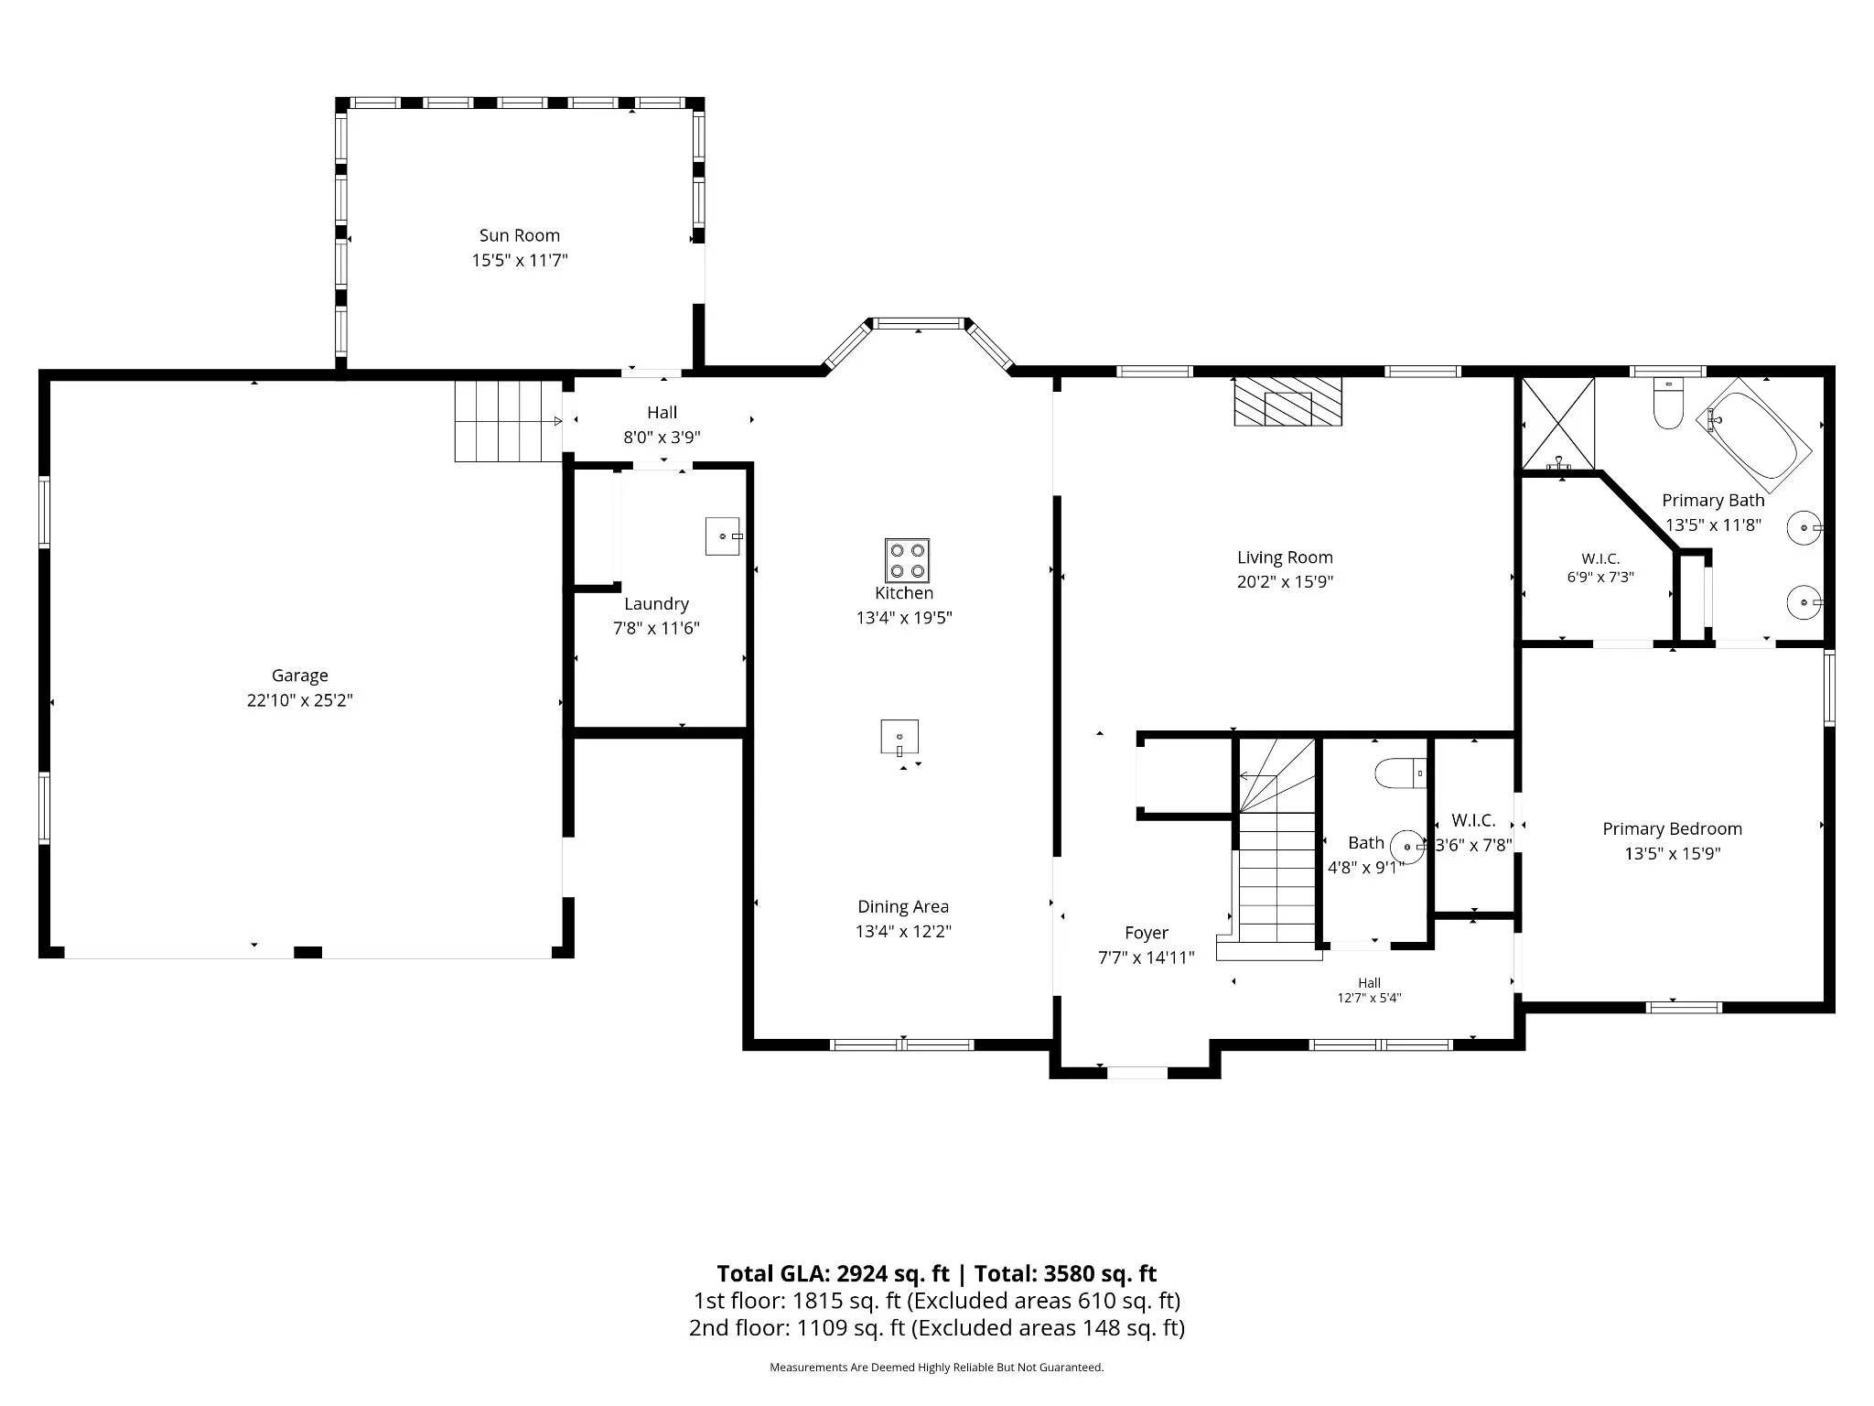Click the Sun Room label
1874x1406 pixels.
(x=520, y=235)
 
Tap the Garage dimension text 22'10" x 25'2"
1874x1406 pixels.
(x=300, y=700)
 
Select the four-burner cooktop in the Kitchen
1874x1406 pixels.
(x=907, y=560)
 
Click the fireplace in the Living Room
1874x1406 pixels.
(x=1287, y=401)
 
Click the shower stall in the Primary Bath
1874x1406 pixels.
(x=1557, y=423)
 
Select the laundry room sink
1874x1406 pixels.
(x=723, y=535)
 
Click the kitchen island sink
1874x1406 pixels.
(x=899, y=737)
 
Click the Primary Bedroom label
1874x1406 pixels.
(x=1672, y=828)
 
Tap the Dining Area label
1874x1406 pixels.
(x=903, y=906)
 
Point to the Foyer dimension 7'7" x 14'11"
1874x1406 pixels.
(x=1147, y=957)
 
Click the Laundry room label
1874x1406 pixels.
(x=656, y=603)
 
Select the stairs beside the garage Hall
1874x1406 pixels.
(x=509, y=421)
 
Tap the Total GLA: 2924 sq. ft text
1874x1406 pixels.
(x=833, y=1273)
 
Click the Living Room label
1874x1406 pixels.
(x=1285, y=557)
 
